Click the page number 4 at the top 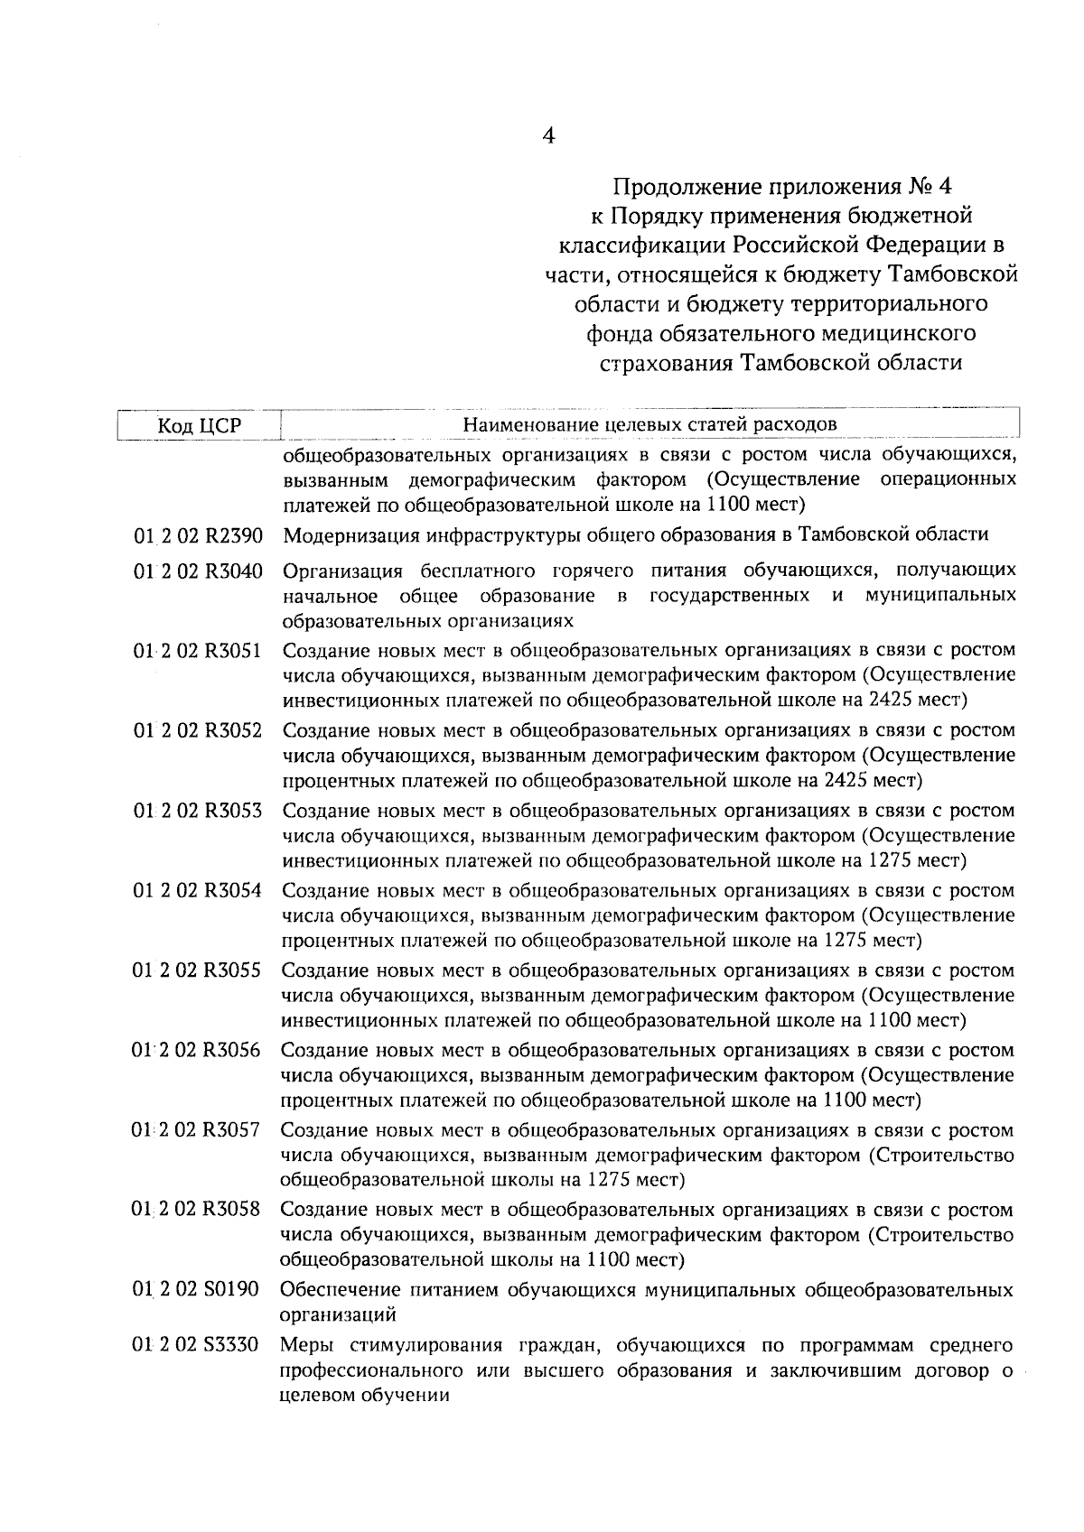[547, 136]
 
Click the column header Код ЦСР [200, 425]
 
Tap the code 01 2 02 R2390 [198, 536]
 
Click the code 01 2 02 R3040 [198, 571]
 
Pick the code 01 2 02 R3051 [198, 651]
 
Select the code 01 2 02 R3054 [198, 891]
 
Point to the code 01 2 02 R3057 [197, 1131]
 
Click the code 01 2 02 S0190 [197, 1290]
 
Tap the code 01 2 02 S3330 [197, 1346]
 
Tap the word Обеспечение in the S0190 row [335, 1290]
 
